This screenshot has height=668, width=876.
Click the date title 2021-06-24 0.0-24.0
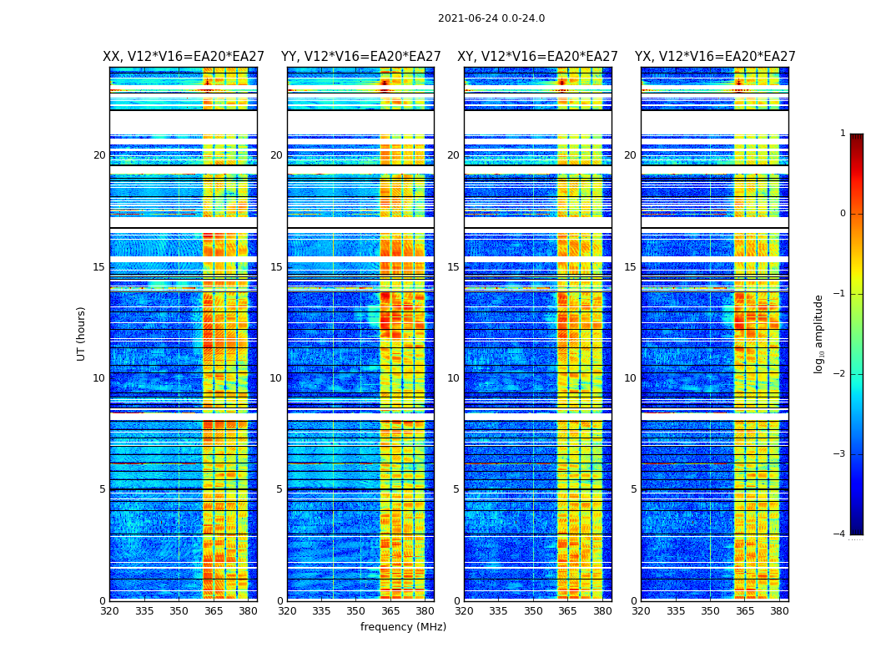click(x=491, y=18)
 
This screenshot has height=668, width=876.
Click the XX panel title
click(x=184, y=57)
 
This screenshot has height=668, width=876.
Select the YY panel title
click(x=360, y=57)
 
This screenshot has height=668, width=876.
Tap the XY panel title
click(x=537, y=57)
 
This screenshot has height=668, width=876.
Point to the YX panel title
click(x=715, y=57)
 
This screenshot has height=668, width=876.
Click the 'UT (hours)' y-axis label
click(x=82, y=333)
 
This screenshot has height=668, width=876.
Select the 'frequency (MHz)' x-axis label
click(x=403, y=627)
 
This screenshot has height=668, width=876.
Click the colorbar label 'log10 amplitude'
click(x=819, y=333)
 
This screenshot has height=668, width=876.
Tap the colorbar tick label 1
click(x=842, y=134)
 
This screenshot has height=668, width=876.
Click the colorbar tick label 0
click(x=842, y=214)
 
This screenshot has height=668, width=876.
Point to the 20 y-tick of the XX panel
click(x=99, y=155)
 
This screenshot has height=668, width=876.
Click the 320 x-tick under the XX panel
click(x=109, y=612)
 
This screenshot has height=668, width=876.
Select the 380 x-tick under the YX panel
click(x=779, y=612)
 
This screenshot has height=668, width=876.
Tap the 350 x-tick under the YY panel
click(x=355, y=612)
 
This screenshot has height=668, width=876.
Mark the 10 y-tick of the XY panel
click(x=453, y=378)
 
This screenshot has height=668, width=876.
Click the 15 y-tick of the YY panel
click(x=276, y=267)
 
